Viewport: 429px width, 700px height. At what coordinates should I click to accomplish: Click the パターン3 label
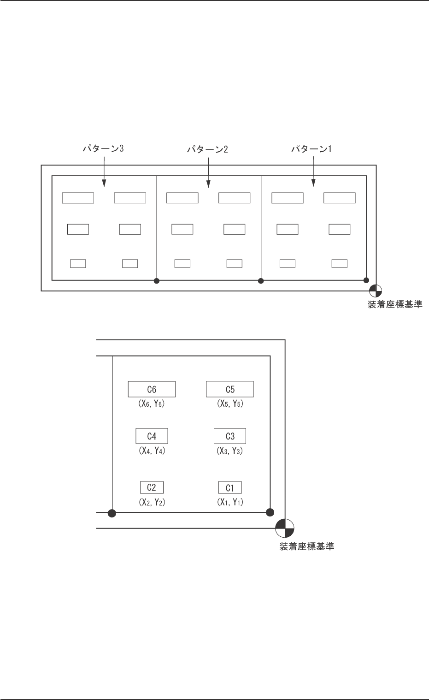103,149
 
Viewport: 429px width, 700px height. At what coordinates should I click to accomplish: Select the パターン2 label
207,149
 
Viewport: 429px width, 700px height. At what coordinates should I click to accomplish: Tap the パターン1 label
312,149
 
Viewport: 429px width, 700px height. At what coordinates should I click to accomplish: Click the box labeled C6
152,389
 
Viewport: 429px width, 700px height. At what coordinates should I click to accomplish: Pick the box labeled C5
230,389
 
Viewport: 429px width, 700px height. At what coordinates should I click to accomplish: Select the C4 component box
152,436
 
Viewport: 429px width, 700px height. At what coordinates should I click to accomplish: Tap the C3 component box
230,436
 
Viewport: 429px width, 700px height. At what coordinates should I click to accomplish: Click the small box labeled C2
152,487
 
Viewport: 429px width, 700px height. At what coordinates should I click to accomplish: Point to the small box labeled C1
230,487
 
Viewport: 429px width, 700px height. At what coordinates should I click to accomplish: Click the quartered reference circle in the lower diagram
285,528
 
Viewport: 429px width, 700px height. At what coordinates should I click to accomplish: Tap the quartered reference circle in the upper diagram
376,291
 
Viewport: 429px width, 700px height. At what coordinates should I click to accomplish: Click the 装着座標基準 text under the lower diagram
306,547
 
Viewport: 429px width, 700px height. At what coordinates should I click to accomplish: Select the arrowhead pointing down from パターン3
103,184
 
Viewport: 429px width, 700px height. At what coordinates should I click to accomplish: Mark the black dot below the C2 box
112,512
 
